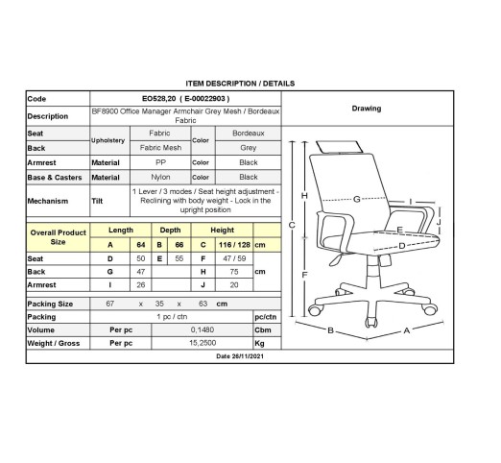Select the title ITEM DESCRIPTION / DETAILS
pos(240,84)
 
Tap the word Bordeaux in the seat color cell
pos(249,134)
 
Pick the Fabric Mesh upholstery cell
pos(160,148)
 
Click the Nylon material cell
pos(160,177)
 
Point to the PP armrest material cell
pos(160,162)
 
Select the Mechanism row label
pos(48,201)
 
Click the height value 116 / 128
pos(234,245)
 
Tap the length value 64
pos(141,245)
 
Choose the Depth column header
pos(170,230)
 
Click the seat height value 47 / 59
pos(234,258)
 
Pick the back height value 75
pos(234,272)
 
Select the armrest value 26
pos(141,284)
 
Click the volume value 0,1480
pos(203,329)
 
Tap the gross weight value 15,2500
pos(203,343)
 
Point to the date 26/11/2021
pos(240,356)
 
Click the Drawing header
pos(367,109)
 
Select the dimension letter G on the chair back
pos(357,199)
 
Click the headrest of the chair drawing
pos(340,147)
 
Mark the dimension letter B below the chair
pos(331,330)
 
